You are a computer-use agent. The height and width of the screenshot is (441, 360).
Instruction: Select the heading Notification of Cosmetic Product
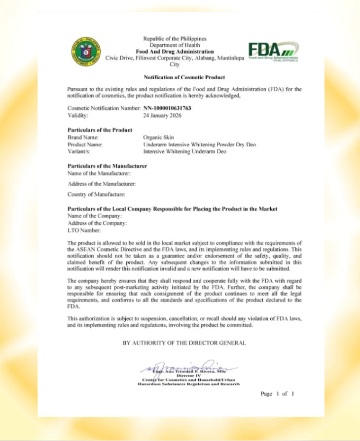[184, 77]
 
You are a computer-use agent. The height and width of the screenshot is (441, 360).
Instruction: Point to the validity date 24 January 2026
[162, 116]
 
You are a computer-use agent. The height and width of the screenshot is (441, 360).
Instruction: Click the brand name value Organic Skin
[158, 137]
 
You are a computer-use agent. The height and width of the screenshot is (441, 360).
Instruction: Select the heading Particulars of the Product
[100, 130]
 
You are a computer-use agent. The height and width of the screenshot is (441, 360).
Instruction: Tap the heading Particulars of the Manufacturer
[107, 166]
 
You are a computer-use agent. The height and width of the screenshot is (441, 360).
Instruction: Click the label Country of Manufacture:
[96, 194]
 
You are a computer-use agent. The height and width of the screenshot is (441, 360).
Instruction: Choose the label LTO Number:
[84, 230]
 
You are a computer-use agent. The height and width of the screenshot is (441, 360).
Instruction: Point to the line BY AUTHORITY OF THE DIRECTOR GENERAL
[184, 343]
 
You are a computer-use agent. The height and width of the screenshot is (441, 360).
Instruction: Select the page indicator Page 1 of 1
[277, 394]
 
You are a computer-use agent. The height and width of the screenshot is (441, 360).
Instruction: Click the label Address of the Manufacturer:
[102, 184]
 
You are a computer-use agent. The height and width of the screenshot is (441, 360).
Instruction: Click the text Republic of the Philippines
[175, 38]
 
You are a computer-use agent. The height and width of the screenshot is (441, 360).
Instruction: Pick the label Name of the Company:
[94, 216]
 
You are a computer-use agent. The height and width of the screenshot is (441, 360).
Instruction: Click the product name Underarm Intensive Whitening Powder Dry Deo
[199, 145]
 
